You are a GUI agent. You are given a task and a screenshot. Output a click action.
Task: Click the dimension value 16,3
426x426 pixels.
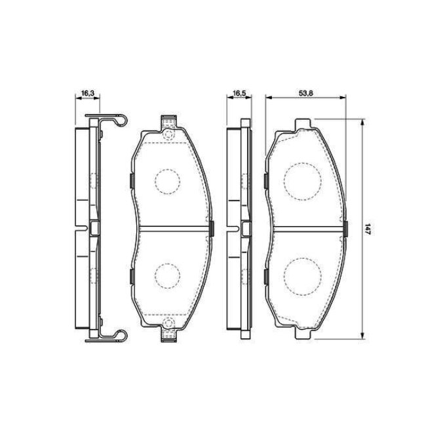[x=87, y=93]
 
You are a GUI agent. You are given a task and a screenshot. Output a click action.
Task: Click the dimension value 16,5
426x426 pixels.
[x=239, y=93]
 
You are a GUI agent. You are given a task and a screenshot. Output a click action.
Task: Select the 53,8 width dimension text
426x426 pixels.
[x=306, y=93]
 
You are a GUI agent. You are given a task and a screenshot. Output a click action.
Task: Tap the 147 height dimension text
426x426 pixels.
[x=368, y=229]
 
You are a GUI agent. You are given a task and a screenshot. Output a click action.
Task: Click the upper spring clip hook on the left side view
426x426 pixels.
[x=122, y=120]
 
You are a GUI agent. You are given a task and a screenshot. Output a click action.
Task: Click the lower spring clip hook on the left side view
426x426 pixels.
[x=122, y=336]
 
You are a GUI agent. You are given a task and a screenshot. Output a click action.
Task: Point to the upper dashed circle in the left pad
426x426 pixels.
[x=167, y=181]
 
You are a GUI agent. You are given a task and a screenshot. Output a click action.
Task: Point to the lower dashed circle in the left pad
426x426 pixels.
[x=167, y=275]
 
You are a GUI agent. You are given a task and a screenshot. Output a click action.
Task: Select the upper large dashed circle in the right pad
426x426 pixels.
[x=302, y=181]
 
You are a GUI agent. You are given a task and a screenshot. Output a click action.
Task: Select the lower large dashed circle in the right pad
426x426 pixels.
[x=302, y=277]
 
